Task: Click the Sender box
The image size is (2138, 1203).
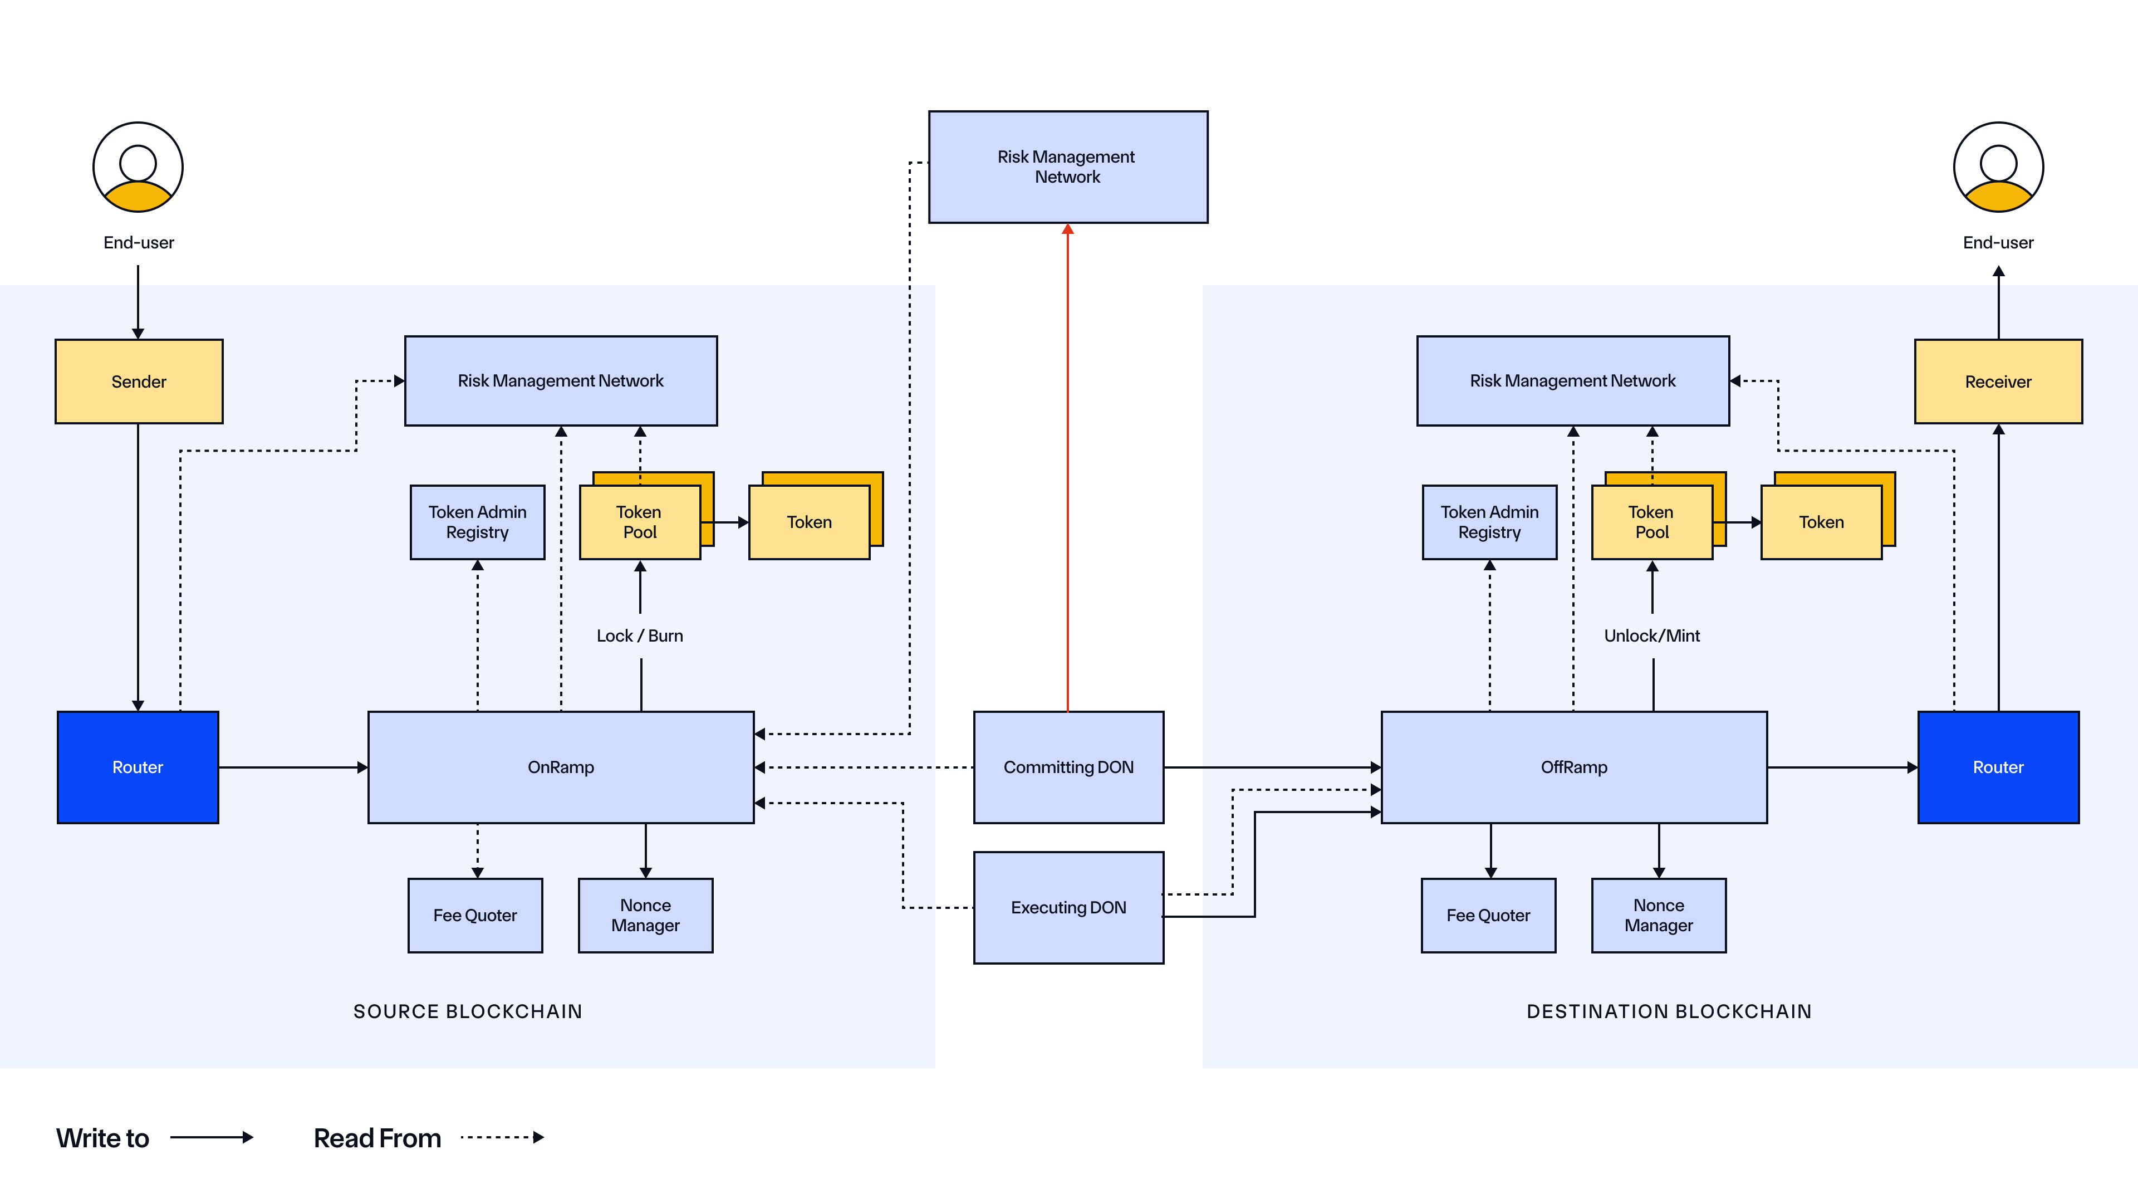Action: (139, 381)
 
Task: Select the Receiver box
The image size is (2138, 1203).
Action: (1998, 381)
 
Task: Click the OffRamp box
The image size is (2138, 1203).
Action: (1573, 766)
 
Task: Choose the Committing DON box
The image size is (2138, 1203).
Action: (1068, 766)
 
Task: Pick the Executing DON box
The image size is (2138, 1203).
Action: (1068, 907)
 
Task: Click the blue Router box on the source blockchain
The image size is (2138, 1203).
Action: (138, 766)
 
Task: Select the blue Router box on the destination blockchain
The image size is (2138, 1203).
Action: (1998, 766)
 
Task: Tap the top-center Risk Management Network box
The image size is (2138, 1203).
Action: (1067, 167)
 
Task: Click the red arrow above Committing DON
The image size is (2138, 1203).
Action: (1067, 465)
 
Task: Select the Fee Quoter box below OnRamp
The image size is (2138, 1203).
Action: (475, 915)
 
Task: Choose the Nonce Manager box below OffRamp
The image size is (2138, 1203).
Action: (1658, 915)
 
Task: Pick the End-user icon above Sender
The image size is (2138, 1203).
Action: (138, 167)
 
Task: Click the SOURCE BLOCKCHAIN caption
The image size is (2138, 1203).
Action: (467, 1011)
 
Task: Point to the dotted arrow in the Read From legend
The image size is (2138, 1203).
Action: (502, 1137)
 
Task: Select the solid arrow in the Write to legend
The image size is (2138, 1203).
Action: (212, 1137)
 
